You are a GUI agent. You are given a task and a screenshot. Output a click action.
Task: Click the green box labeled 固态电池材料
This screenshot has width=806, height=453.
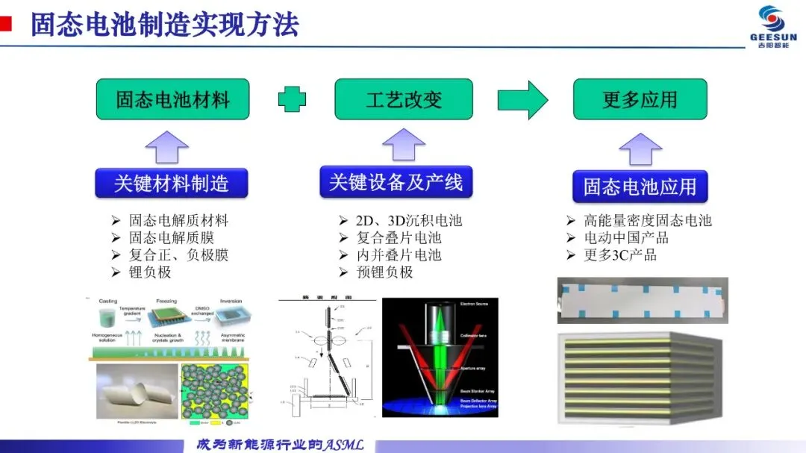172,99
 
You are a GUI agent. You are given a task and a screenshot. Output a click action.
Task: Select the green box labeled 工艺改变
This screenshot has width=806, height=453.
404,99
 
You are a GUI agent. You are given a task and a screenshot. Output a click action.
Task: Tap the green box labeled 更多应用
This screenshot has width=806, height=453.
640,99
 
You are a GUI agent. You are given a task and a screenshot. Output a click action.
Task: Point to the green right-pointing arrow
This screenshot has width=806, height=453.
523,99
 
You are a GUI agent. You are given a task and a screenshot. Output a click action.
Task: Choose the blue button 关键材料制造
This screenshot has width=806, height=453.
171,183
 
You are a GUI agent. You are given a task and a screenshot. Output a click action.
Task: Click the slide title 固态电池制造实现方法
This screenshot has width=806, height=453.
164,25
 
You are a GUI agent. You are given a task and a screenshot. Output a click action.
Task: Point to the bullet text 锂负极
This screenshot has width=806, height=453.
150,272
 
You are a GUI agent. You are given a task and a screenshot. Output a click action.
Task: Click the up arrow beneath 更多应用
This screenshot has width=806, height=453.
640,149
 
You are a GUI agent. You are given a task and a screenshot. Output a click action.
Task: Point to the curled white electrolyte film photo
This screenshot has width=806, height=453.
134,392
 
